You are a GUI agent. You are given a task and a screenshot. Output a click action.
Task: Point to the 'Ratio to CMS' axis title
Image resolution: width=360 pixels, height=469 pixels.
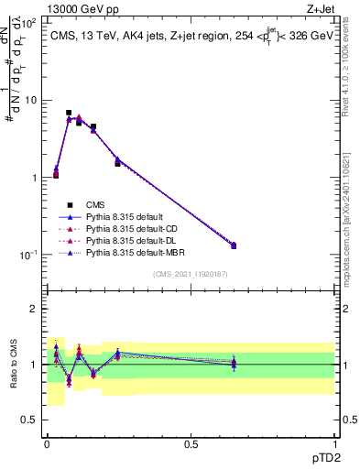point(13,365)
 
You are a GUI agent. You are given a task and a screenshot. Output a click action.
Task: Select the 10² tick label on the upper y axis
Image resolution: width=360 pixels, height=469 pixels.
point(30,23)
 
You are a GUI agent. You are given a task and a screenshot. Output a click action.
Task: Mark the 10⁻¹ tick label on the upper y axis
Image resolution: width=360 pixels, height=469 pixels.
point(30,254)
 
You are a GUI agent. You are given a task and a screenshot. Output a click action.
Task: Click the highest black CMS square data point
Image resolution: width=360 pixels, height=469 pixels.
point(69,113)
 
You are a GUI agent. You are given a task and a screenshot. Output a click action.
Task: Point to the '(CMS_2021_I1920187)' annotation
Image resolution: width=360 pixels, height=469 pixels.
point(190,273)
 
